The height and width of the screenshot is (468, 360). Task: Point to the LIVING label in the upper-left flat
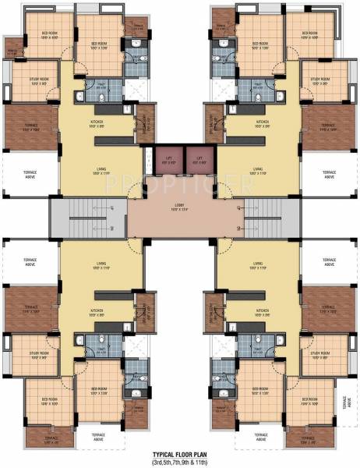[x=97, y=168]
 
